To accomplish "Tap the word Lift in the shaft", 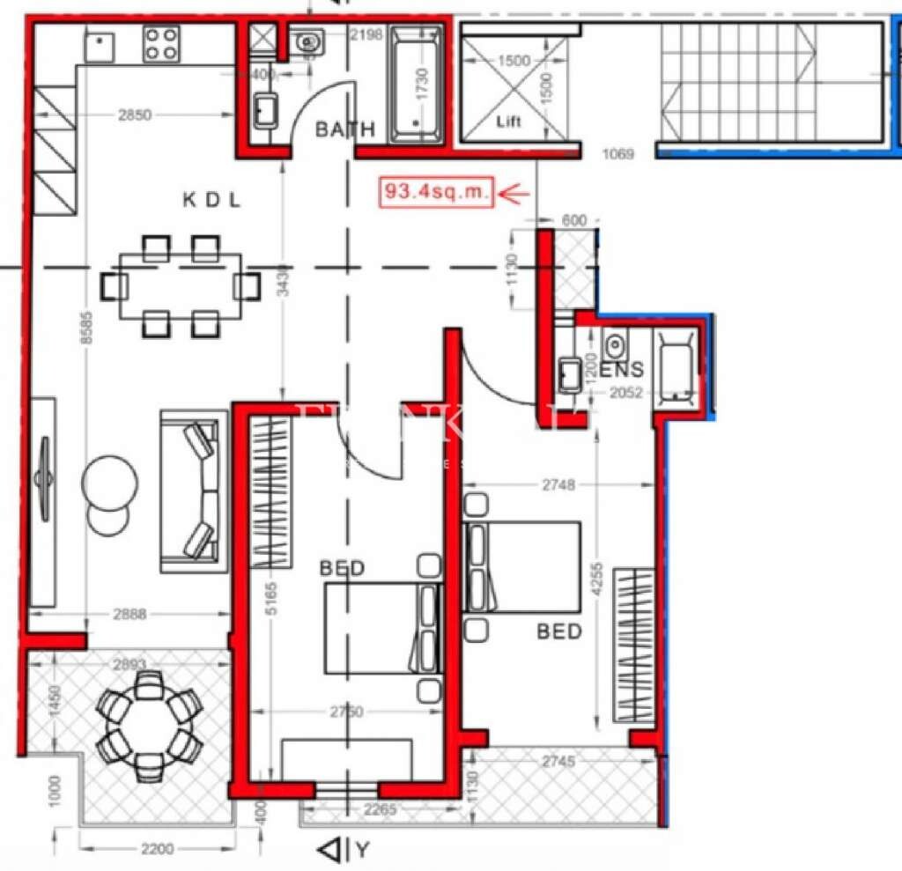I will click(509, 122).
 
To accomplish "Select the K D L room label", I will click(211, 200).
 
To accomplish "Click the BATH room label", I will click(345, 130).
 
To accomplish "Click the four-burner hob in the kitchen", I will click(161, 43).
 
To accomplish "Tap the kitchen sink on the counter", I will click(100, 45).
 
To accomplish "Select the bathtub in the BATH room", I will click(418, 85).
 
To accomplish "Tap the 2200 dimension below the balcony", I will click(158, 849).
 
